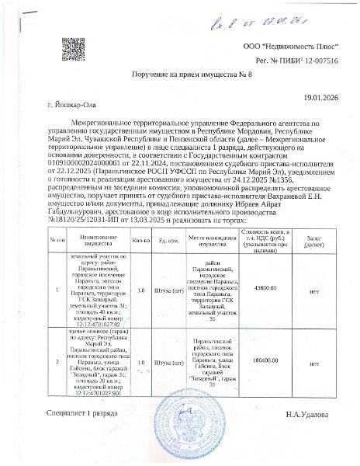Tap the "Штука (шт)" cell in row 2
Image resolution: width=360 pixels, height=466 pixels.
coord(168,383)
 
